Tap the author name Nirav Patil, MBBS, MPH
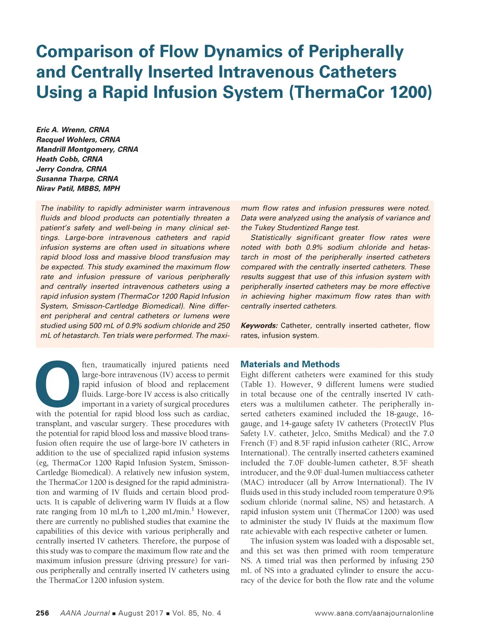pyautogui.click(x=78, y=188)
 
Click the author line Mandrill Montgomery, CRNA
pyautogui.click(x=87, y=149)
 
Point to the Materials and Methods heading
pyautogui.click(x=290, y=364)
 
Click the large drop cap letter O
pyautogui.click(x=57, y=383)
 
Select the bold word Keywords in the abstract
pyautogui.click(x=259, y=326)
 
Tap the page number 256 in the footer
pyautogui.click(x=42, y=613)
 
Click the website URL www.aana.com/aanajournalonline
pyautogui.click(x=374, y=613)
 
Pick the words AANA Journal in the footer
pyautogui.click(x=85, y=613)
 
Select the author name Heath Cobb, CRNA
pyautogui.click(x=70, y=159)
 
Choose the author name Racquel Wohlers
pyautogui.click(x=67, y=139)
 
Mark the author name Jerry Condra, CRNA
pyautogui.click(x=71, y=169)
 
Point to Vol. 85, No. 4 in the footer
pyautogui.click(x=197, y=613)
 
